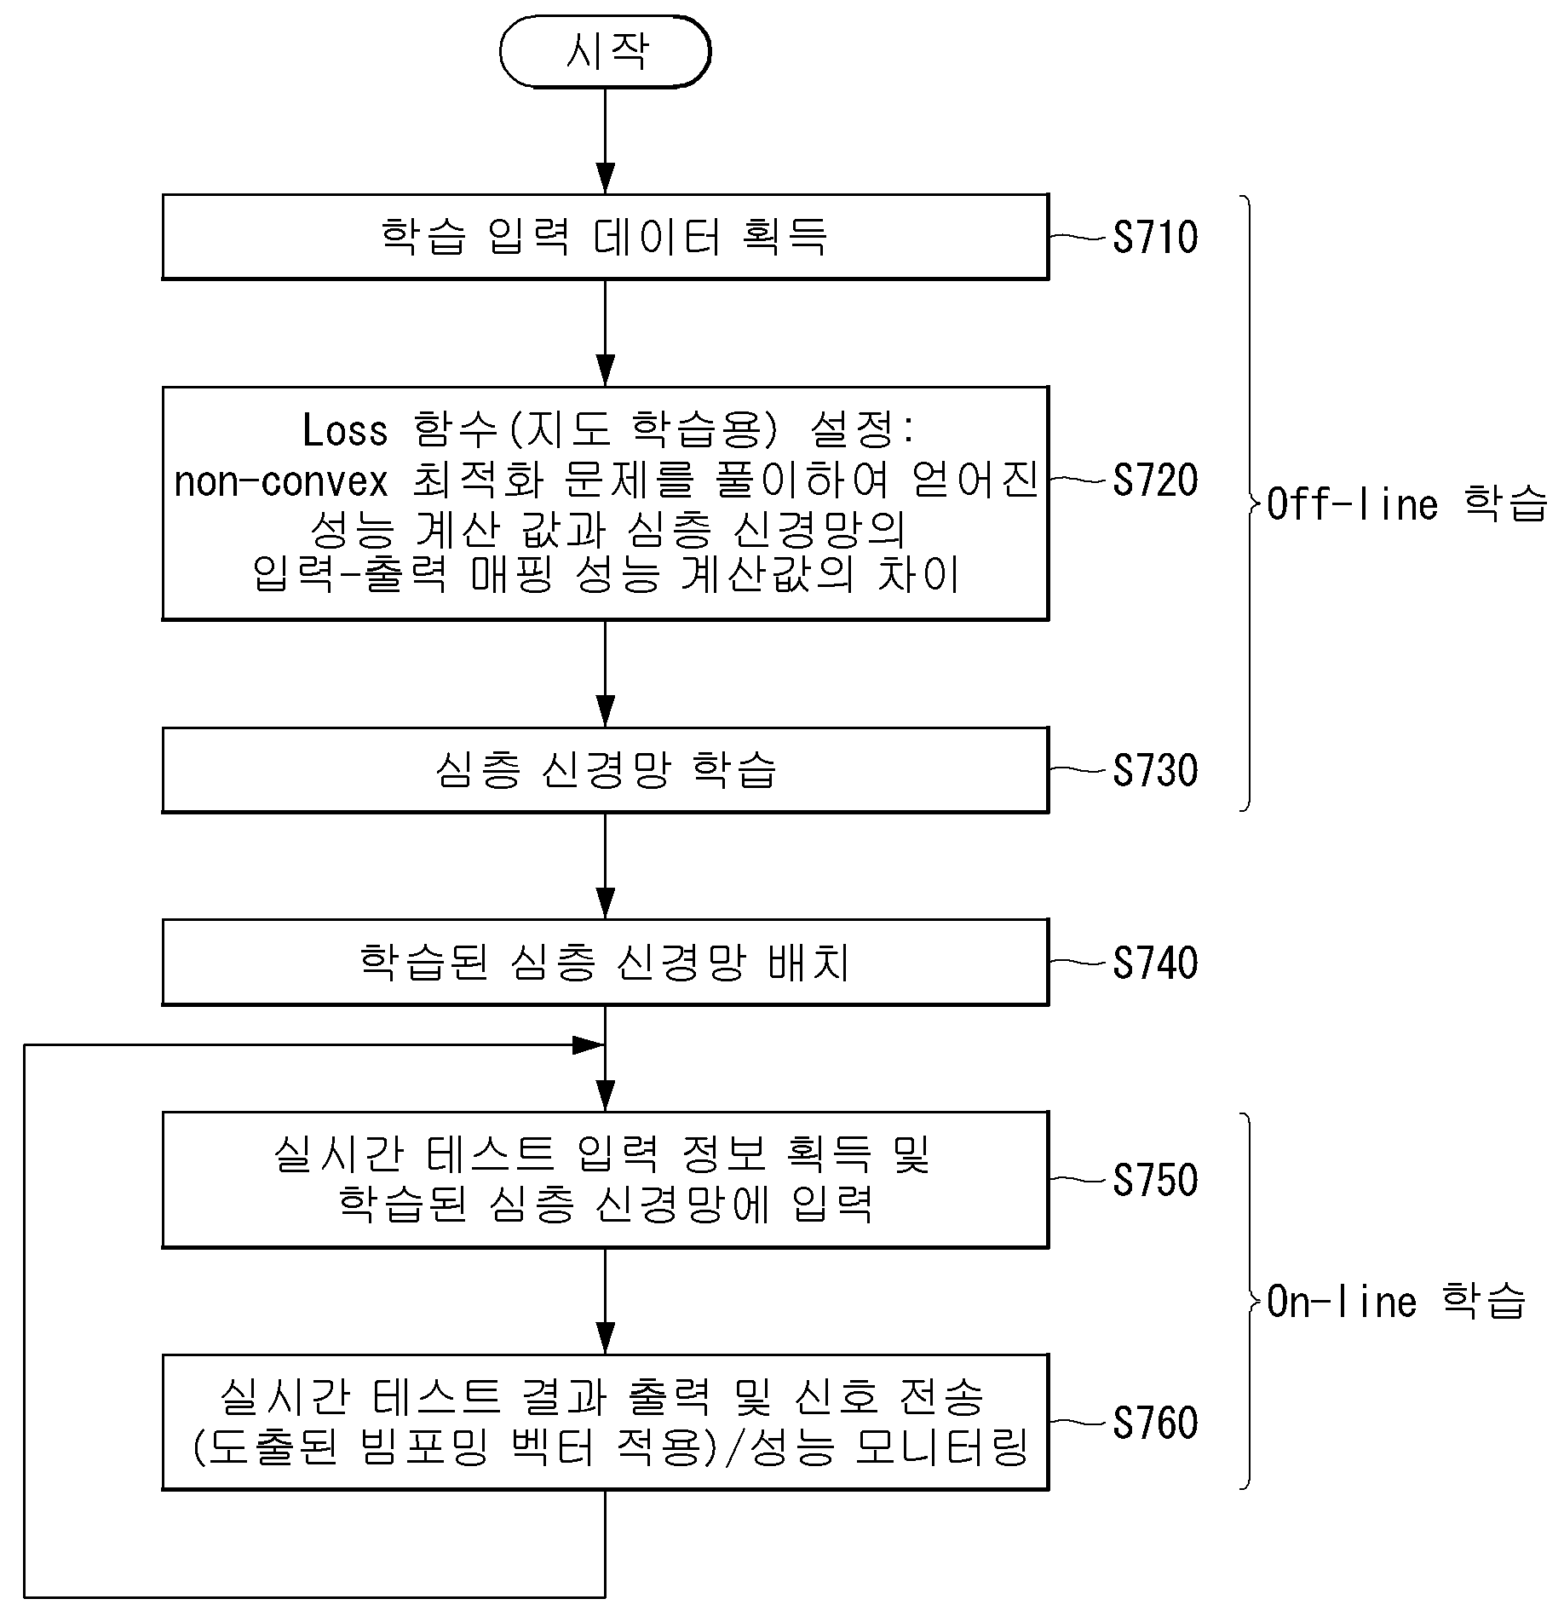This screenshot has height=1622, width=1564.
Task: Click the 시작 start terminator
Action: tap(605, 52)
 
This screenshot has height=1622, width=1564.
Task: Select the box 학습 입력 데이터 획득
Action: tap(605, 237)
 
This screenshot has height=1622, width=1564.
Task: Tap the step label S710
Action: tap(1155, 237)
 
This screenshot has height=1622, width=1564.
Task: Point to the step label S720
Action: tap(1155, 480)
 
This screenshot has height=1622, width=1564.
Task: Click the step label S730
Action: tap(1155, 770)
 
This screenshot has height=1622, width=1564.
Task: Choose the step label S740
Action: tap(1155, 963)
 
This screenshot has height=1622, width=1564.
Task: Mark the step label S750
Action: tap(1155, 1180)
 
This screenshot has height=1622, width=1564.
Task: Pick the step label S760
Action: tap(1155, 1423)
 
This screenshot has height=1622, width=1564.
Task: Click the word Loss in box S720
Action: tap(345, 430)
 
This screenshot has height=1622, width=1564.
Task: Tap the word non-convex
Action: tap(281, 482)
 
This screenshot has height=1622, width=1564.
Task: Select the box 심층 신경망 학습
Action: tap(605, 770)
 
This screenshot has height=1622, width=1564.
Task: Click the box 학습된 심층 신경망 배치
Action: tap(605, 963)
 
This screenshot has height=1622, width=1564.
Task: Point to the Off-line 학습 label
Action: tap(1406, 504)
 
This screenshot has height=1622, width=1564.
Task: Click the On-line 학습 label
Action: tap(1396, 1301)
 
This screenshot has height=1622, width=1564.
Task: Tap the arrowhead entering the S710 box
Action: tap(605, 178)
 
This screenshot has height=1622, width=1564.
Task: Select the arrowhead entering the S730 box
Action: tap(605, 711)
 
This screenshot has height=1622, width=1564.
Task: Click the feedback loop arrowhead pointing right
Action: tap(589, 1045)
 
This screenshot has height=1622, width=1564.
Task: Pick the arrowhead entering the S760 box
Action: tap(605, 1338)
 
